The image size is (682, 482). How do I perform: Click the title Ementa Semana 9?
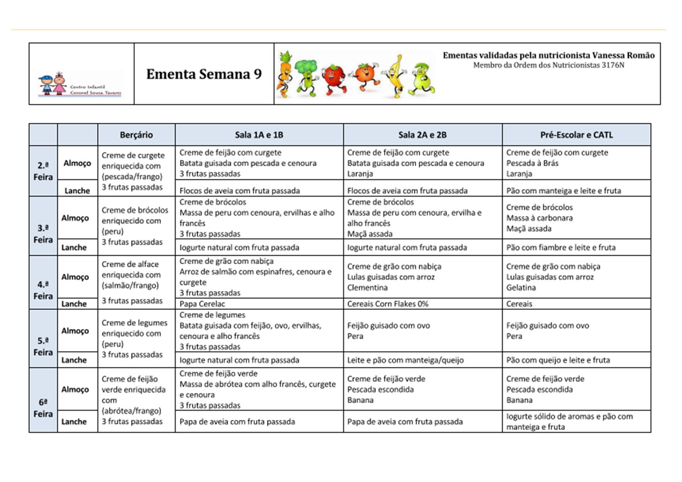204,74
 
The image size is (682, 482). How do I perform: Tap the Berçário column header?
136,135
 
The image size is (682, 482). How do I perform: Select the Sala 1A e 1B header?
259,135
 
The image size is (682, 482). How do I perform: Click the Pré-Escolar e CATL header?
576,135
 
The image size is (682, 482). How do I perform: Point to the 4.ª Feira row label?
43,290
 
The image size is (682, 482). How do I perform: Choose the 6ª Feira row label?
43,408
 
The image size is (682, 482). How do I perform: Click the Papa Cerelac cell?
202,304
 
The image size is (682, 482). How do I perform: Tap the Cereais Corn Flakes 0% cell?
388,304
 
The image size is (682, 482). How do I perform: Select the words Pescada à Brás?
532,163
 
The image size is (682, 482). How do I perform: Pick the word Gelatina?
521,288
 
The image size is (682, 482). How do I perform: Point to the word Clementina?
367,288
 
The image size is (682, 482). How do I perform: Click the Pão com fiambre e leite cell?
561,248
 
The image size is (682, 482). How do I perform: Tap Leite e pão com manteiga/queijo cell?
405,360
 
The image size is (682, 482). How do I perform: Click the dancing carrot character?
285,74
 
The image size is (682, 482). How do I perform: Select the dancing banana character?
396,76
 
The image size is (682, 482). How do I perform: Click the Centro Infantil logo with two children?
80,84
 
